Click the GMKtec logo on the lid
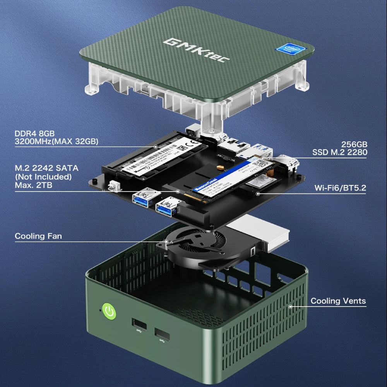coord(197,49)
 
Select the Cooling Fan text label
coord(38,236)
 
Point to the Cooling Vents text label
coord(338,301)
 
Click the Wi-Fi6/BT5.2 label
coord(341,188)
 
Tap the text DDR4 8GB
coord(35,133)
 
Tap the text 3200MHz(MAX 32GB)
coord(57,142)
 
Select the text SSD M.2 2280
coord(340,152)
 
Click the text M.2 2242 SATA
coord(46,168)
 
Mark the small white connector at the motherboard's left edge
coord(113,185)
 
